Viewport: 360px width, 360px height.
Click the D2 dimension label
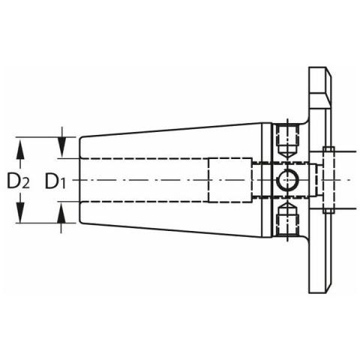point(19,181)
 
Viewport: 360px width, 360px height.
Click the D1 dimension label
point(56,181)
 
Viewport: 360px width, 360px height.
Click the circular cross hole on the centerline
point(287,180)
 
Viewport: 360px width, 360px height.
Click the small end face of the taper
point(80,180)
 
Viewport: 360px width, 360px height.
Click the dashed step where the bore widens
point(208,180)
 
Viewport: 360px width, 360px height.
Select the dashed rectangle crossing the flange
point(328,180)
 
